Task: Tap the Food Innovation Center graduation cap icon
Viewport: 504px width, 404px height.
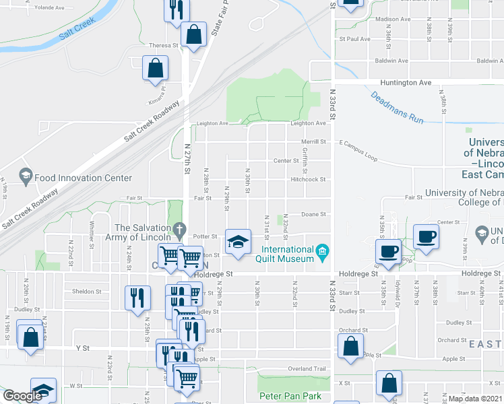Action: [x=26, y=178]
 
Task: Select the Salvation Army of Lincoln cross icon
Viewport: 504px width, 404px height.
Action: [x=178, y=230]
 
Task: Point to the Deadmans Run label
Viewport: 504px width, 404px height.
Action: [x=397, y=106]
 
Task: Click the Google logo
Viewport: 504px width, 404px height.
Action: [x=22, y=396]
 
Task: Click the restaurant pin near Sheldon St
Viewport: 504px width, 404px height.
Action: [x=137, y=296]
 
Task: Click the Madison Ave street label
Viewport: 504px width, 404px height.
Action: [x=393, y=20]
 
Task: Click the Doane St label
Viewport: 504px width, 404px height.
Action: [x=313, y=214]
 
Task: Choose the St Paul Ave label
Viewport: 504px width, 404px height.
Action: [x=355, y=39]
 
